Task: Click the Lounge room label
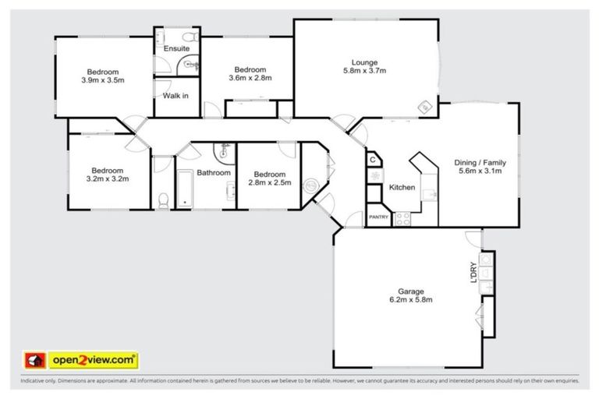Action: (364, 62)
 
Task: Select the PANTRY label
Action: (378, 217)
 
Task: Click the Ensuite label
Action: (176, 48)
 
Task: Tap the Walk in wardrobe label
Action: (175, 95)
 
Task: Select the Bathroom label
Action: (213, 172)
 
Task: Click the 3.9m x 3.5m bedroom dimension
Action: (103, 79)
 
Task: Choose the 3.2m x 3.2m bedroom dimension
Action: (107, 178)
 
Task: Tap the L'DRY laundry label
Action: (473, 272)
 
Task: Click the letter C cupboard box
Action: (374, 161)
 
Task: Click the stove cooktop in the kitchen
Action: (402, 219)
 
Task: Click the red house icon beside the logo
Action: (34, 360)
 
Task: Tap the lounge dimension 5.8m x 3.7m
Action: (364, 71)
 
